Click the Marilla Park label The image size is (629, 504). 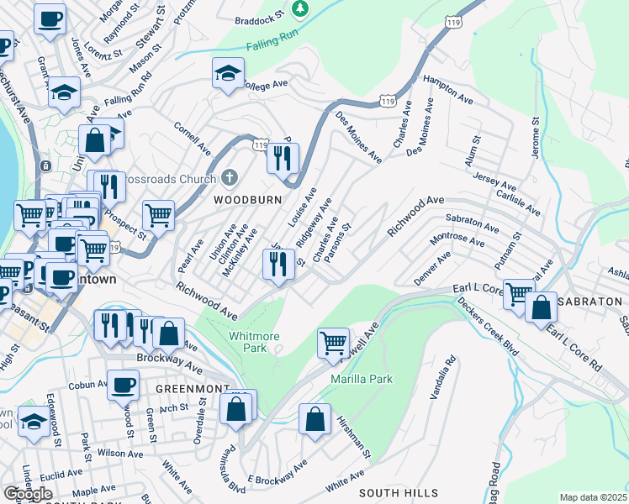tap(363, 380)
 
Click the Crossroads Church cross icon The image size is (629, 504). tap(230, 178)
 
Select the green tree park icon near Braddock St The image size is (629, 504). tap(299, 8)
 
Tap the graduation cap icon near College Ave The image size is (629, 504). tap(228, 74)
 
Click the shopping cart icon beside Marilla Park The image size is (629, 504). tap(334, 343)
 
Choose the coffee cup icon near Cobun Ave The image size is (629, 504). tap(123, 385)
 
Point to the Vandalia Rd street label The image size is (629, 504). tap(443, 377)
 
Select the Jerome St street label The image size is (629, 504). tap(535, 138)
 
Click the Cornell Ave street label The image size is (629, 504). tap(193, 139)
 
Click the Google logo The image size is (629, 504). tap(29, 494)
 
